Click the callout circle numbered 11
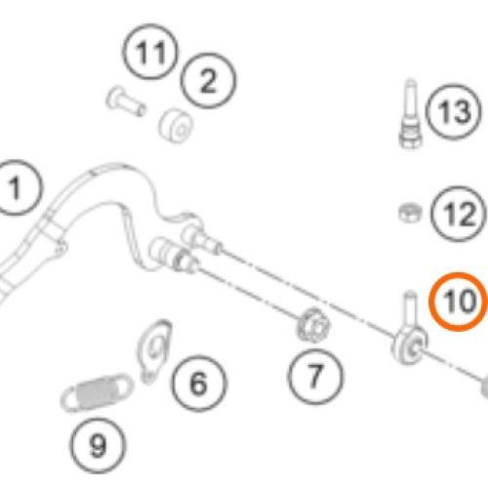pos(150,52)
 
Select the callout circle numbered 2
pos(208,80)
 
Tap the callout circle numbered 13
pos(454,111)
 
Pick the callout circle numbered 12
pos(459,214)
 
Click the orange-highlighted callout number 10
pos(459,302)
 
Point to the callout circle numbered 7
pos(314,377)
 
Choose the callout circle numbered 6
pos(199,384)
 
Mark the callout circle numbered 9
pos(98,446)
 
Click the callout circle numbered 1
pos(15,187)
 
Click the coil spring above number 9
pos(97,393)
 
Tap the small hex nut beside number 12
pos(410,213)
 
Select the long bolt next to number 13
pos(410,113)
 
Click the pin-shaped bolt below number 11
pos(125,101)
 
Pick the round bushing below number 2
pos(176,126)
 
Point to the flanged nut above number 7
pos(312,325)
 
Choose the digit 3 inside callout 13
pos(462,111)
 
